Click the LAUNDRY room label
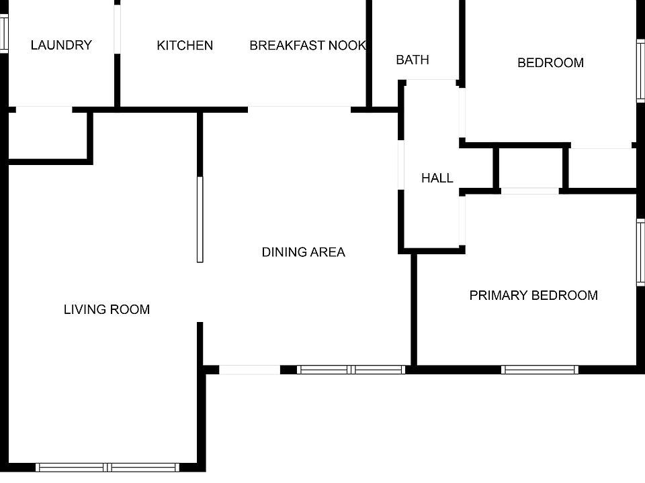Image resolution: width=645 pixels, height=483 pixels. [61, 46]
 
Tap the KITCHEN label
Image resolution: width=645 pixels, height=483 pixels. [185, 46]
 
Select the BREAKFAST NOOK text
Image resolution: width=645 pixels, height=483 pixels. [308, 46]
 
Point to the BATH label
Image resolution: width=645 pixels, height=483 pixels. [413, 60]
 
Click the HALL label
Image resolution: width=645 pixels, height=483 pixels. [437, 178]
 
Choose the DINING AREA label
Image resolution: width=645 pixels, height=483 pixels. [303, 252]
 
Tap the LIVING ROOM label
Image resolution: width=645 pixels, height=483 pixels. [107, 309]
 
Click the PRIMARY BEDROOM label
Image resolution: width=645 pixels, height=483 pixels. [533, 295]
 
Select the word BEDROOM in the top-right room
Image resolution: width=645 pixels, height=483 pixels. [550, 63]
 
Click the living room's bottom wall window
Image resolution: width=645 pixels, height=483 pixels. [108, 467]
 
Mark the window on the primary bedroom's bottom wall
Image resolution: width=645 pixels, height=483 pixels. [540, 369]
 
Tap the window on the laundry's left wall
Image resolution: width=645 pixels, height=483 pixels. [3, 34]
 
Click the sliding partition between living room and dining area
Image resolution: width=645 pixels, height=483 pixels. [200, 219]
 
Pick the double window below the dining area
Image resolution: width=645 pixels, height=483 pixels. [351, 369]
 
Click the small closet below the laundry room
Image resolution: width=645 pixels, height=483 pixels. [48, 136]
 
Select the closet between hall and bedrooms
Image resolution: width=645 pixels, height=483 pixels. [531, 168]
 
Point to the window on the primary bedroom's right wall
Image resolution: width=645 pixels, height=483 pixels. [641, 252]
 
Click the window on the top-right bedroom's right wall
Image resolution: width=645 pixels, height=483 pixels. [641, 71]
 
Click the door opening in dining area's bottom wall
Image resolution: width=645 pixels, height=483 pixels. [249, 369]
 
